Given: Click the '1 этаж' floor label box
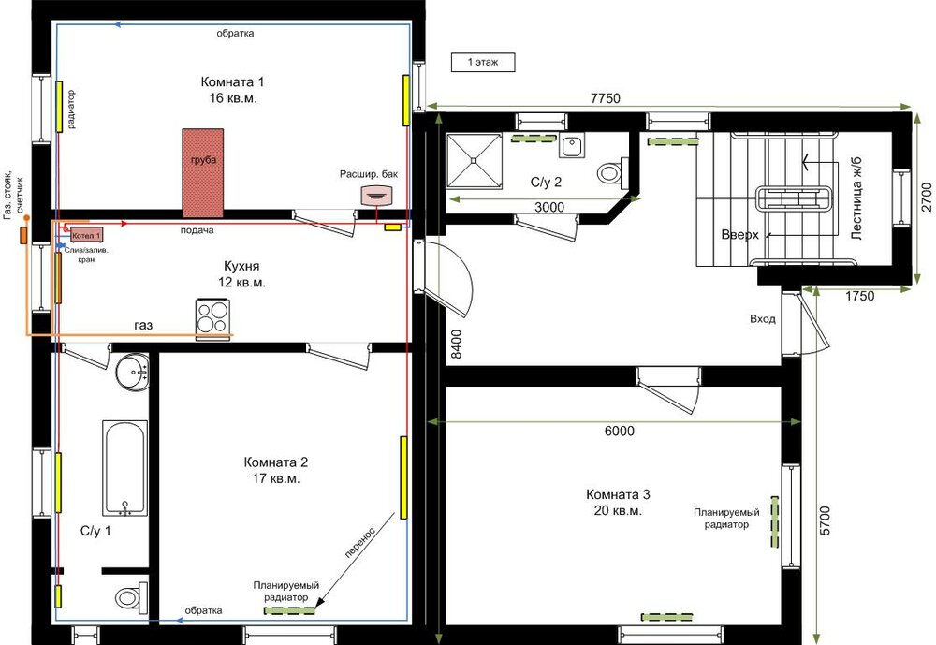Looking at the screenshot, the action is pyautogui.click(x=483, y=62).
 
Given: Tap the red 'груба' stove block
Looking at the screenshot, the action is pyautogui.click(x=203, y=172).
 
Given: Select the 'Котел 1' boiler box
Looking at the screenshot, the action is pyautogui.click(x=86, y=235).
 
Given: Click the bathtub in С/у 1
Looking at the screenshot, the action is pyautogui.click(x=125, y=468).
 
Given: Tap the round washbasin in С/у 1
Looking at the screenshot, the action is pyautogui.click(x=132, y=372).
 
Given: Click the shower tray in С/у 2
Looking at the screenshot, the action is pyautogui.click(x=474, y=160).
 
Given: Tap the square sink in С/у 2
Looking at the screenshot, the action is pyautogui.click(x=573, y=145).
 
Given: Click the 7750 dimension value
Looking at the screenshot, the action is pyautogui.click(x=606, y=98).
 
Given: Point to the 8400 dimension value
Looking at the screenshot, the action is pyautogui.click(x=456, y=344).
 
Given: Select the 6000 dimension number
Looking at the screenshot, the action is pyautogui.click(x=620, y=431).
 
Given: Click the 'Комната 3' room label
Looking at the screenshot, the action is pyautogui.click(x=619, y=494).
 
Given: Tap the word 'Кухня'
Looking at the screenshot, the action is pyautogui.click(x=241, y=266).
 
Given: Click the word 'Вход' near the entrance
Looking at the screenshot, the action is pyautogui.click(x=763, y=319).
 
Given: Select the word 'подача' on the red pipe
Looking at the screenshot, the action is pyautogui.click(x=197, y=230).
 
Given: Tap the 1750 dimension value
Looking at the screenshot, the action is pyautogui.click(x=859, y=296).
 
